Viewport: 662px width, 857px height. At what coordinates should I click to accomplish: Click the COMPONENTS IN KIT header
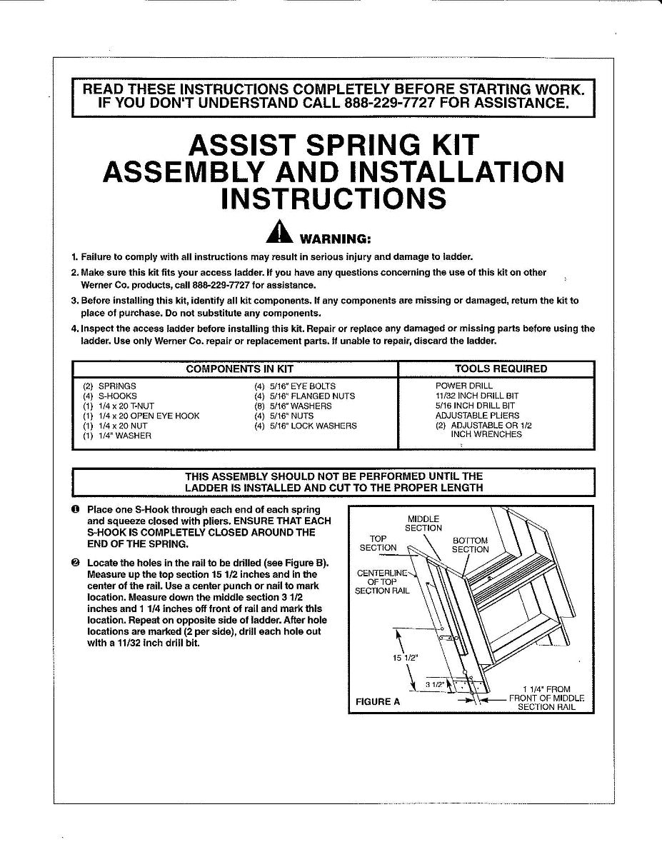pos(240,369)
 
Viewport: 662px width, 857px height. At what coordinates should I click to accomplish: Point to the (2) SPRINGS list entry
pos(111,386)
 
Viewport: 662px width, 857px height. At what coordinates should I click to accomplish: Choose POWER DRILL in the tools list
pos(464,386)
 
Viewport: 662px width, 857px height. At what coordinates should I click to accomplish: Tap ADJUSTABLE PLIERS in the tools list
pos(477,416)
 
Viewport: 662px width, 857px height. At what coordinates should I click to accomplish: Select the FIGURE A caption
pos(378,701)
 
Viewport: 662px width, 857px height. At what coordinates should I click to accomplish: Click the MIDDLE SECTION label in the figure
pos(423,523)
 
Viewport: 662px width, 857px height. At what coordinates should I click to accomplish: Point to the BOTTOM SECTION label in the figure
pos(471,545)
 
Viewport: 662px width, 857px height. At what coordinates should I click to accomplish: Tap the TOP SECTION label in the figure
pos(378,543)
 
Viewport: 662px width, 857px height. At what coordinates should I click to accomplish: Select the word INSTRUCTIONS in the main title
pos(333,198)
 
